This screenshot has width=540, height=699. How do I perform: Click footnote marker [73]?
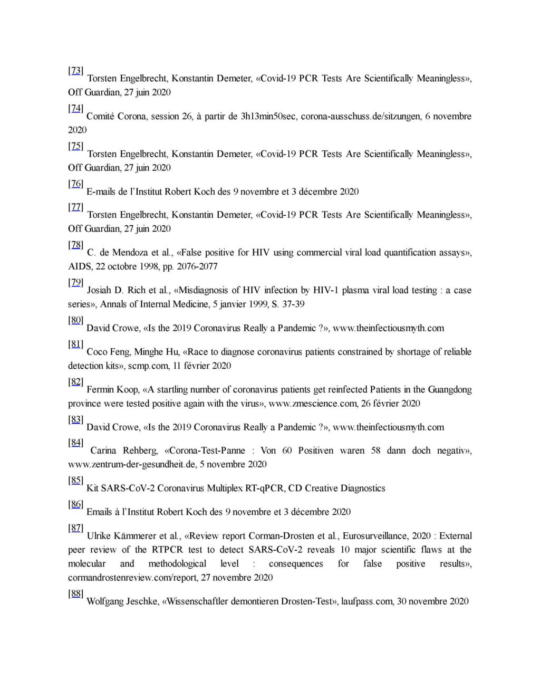75,71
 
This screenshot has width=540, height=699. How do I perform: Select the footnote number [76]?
75,184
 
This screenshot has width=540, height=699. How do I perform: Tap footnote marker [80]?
75,320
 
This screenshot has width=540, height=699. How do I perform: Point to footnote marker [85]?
75,480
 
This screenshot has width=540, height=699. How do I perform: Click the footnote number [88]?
75,593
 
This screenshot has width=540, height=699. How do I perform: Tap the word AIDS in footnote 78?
80,266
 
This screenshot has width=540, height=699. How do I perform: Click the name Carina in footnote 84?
103,451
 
